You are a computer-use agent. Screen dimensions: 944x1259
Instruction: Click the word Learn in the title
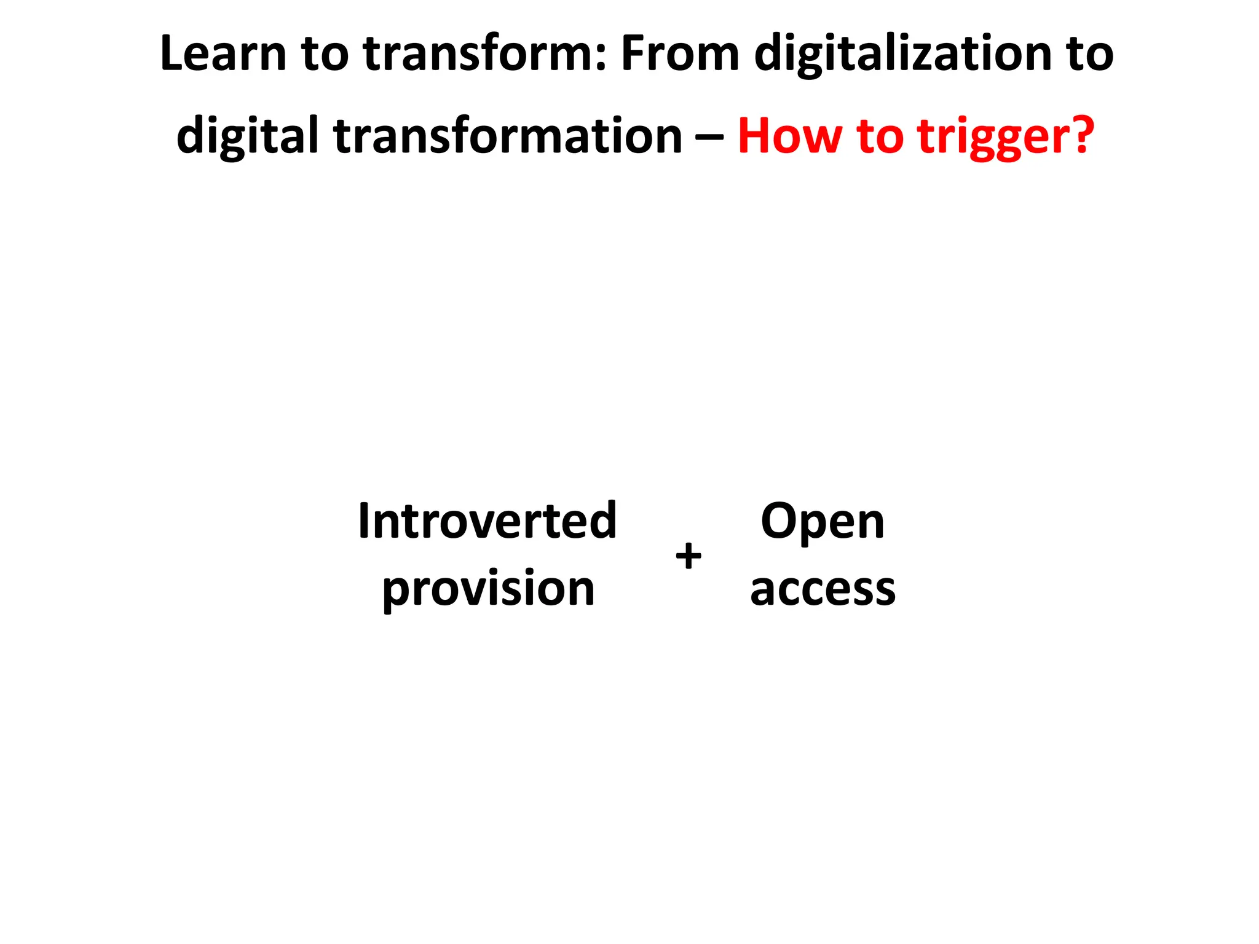click(223, 54)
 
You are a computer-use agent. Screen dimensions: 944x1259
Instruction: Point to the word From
click(680, 54)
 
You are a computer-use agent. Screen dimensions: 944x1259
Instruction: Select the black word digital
click(247, 136)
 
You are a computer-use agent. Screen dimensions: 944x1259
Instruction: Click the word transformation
click(508, 136)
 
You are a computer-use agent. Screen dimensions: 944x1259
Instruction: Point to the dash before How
click(709, 139)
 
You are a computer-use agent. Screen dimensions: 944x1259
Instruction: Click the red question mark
click(1079, 135)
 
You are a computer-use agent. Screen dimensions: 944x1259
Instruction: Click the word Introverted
click(487, 521)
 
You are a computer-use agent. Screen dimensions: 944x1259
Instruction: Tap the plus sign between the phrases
click(688, 557)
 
